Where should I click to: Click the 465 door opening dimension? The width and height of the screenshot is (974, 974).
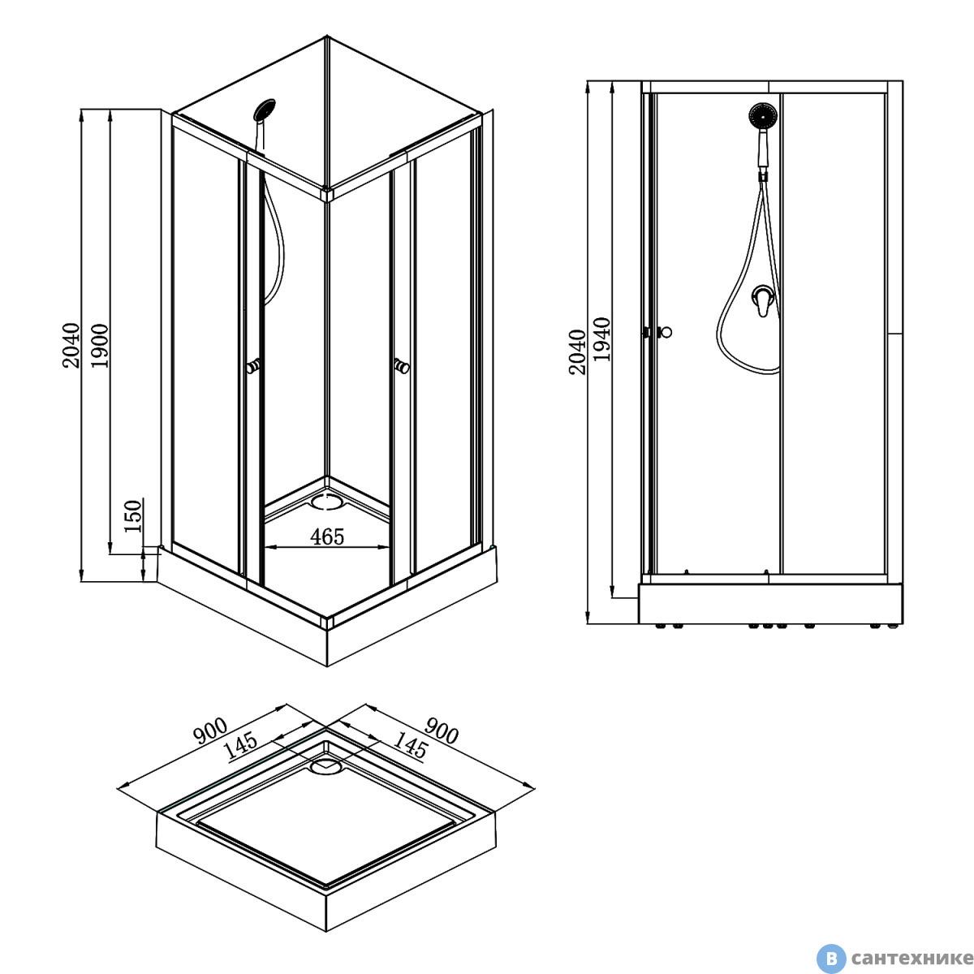tap(327, 537)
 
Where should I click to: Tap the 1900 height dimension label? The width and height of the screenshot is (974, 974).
tap(100, 347)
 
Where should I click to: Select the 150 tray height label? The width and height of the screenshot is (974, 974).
tap(133, 516)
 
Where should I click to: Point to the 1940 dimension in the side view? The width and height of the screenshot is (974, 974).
tap(601, 339)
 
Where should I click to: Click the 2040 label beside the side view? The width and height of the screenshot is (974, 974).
tap(577, 351)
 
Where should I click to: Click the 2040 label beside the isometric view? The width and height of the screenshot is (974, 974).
tap(71, 345)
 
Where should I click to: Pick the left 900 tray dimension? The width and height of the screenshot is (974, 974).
tap(210, 730)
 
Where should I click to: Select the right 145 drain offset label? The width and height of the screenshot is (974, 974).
tap(410, 746)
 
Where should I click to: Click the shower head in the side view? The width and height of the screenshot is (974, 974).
tap(763, 116)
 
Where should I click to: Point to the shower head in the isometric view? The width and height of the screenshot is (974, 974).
tap(265, 110)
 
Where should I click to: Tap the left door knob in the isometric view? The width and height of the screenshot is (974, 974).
tap(253, 365)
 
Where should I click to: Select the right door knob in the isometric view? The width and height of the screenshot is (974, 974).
tap(401, 365)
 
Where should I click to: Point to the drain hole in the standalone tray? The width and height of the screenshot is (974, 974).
tap(326, 766)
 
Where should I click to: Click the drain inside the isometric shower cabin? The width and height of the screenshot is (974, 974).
tap(326, 502)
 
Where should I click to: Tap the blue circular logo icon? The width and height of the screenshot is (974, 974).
tap(831, 958)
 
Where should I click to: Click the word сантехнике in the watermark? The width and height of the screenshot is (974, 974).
tap(912, 958)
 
